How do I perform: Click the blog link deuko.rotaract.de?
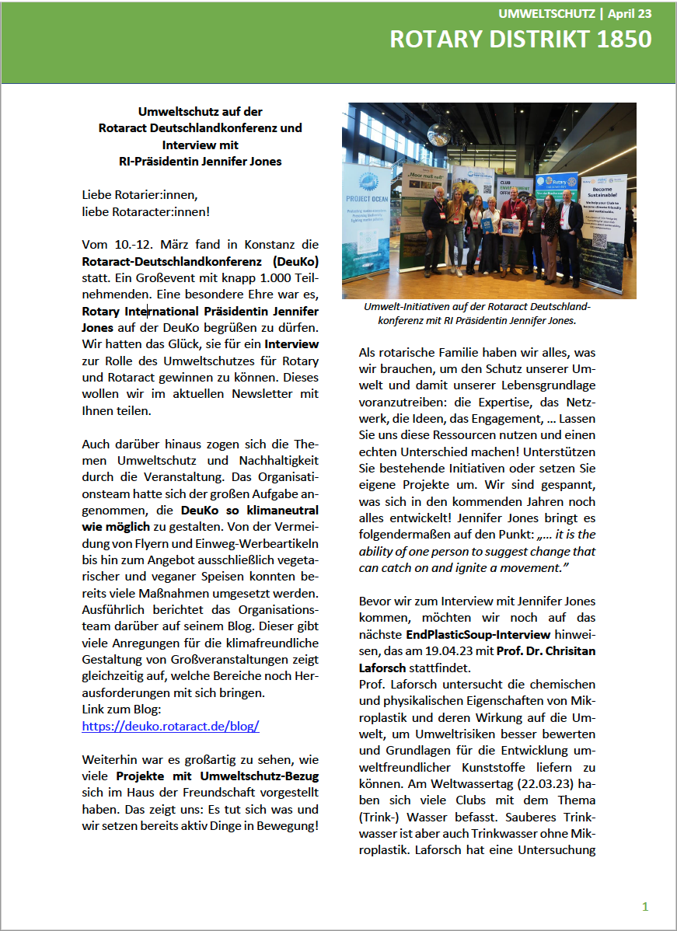click(x=170, y=727)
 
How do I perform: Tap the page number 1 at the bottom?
click(x=644, y=906)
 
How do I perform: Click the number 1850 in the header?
click(x=619, y=39)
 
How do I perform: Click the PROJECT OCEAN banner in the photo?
click(x=366, y=233)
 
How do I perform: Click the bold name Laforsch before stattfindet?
click(x=383, y=668)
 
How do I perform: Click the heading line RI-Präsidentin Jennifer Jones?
click(x=195, y=161)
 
